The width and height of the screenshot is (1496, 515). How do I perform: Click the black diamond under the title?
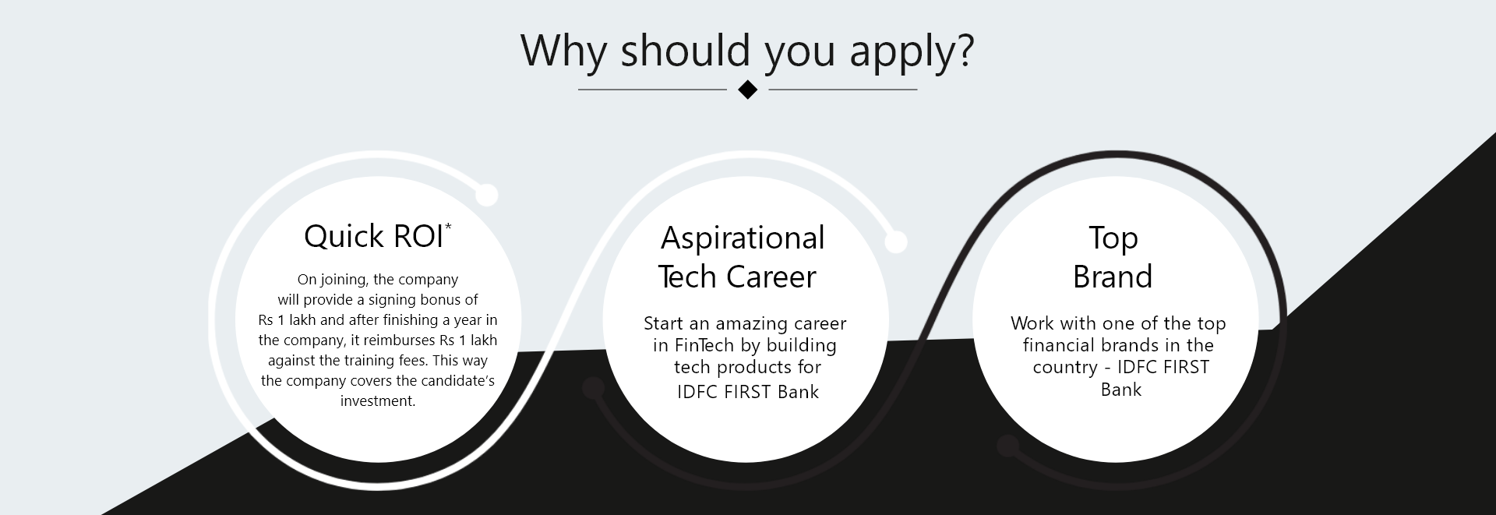[747, 90]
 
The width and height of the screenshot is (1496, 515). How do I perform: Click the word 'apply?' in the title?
[912, 51]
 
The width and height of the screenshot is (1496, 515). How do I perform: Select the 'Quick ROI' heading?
[374, 236]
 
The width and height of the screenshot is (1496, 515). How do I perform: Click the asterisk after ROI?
[448, 226]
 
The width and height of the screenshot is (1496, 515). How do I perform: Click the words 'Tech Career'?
[737, 277]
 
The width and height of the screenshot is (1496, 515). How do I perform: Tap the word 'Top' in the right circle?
[1113, 238]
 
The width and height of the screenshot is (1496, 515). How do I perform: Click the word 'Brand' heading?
[1113, 277]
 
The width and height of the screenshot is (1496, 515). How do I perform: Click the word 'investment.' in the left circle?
[378, 401]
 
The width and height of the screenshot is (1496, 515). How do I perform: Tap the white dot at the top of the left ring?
[486, 196]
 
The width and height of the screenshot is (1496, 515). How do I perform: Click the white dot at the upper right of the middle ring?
[896, 242]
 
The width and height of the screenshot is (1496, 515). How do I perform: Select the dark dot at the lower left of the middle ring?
[594, 388]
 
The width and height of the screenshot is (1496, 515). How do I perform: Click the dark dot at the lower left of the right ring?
[1008, 446]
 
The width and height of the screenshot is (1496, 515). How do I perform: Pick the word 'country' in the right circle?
[1065, 368]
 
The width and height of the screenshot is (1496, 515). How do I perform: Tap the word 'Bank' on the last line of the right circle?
[1121, 390]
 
